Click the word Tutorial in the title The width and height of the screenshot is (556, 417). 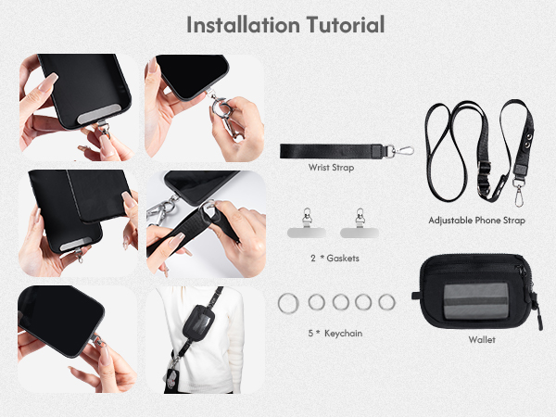tap(342, 25)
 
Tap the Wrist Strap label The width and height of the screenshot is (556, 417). tap(331, 169)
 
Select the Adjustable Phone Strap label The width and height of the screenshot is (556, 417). tap(477, 221)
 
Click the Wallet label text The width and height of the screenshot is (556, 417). tap(481, 340)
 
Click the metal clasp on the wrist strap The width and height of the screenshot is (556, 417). tap(400, 151)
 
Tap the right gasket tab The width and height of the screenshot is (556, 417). tap(357, 225)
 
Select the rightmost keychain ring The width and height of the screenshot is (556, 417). tap(386, 301)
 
